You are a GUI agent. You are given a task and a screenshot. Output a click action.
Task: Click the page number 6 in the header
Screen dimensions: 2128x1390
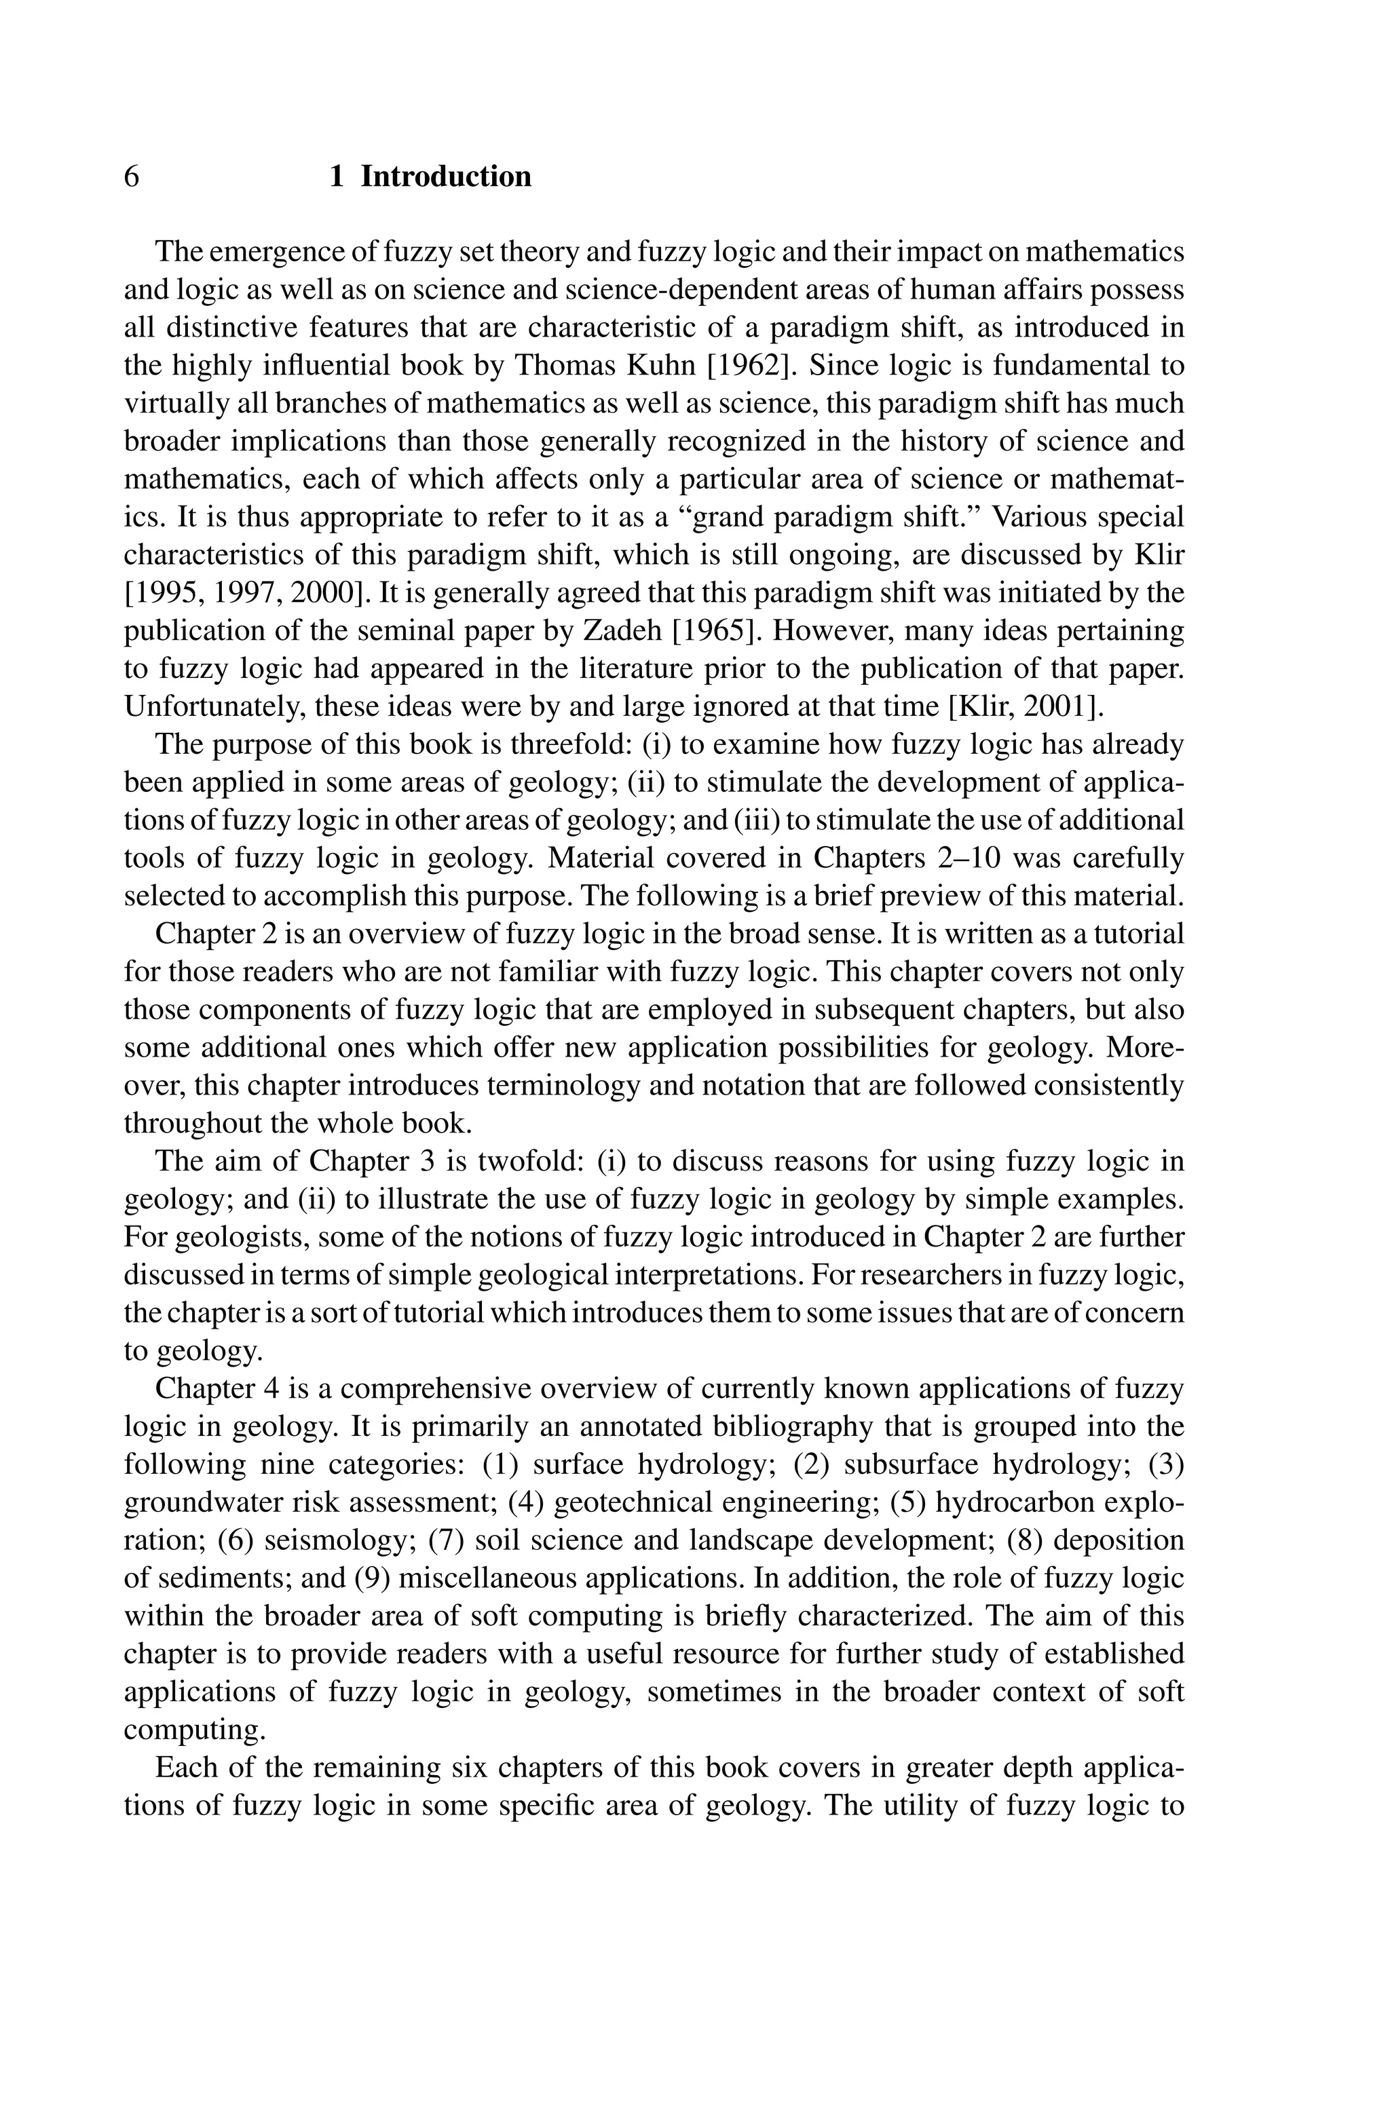132,176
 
